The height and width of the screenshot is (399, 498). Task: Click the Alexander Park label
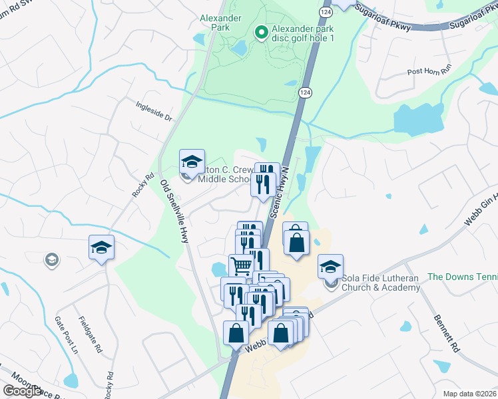tap(214, 23)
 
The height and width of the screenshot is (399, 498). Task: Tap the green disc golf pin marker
tap(261, 31)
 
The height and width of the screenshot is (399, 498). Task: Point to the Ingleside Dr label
tap(154, 111)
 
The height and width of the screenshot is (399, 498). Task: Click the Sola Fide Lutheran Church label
tap(381, 283)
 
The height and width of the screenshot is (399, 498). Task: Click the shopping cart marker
tap(241, 266)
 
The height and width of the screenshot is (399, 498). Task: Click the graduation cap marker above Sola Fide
tap(330, 267)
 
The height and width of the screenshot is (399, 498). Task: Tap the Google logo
tap(23, 391)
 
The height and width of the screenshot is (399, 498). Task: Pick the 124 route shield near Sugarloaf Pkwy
tap(325, 13)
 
